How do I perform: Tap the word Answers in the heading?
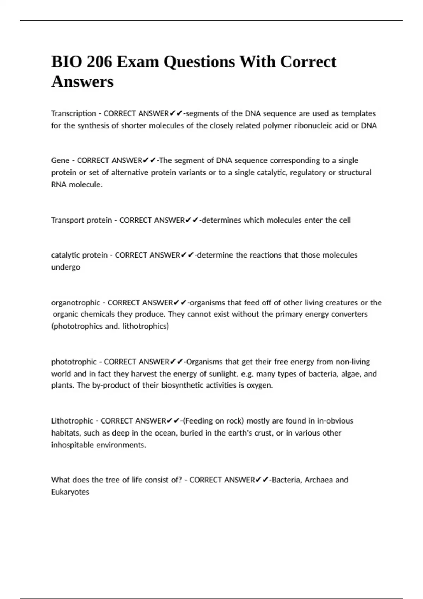click(x=82, y=82)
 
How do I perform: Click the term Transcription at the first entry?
click(x=73, y=113)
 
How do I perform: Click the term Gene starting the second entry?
click(x=60, y=161)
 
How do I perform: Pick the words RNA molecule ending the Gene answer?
click(x=76, y=185)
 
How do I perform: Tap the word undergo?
click(x=66, y=267)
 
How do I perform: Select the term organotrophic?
click(x=76, y=303)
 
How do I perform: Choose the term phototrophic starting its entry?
click(x=74, y=362)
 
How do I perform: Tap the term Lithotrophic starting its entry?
click(x=72, y=421)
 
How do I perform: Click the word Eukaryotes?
click(x=70, y=492)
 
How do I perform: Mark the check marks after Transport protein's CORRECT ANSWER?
click(x=192, y=220)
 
